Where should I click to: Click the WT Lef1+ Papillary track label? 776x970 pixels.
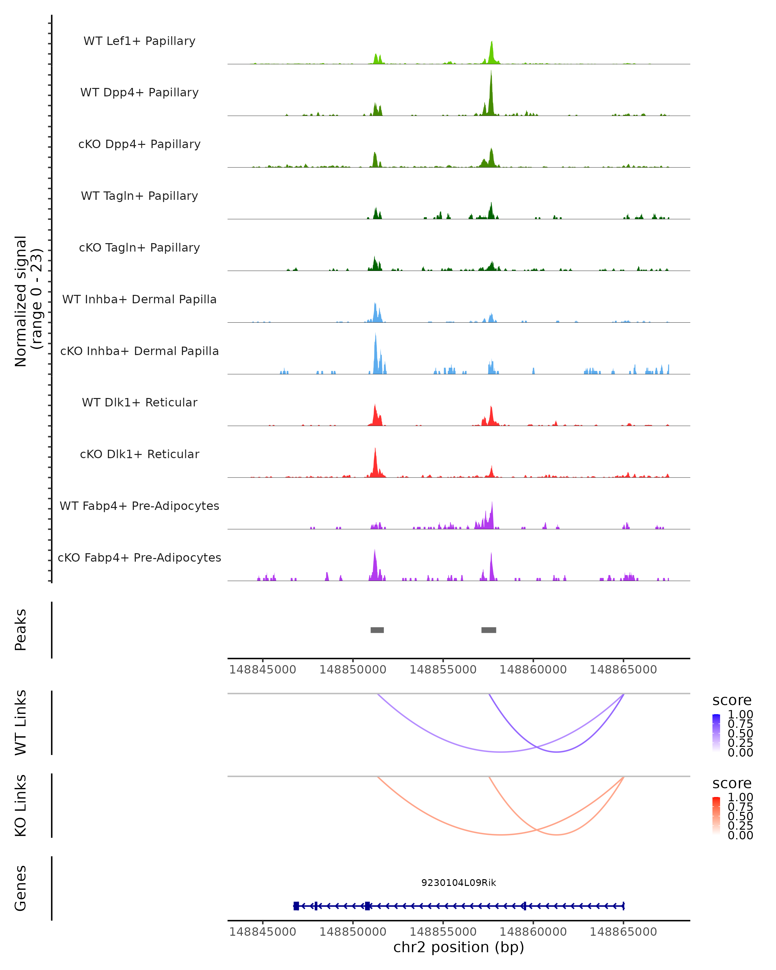[139, 41]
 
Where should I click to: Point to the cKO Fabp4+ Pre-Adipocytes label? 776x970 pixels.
[139, 557]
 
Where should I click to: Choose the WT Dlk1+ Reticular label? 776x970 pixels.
[139, 402]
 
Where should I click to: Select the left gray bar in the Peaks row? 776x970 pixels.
[377, 630]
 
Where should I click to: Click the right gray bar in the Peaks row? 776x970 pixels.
[489, 630]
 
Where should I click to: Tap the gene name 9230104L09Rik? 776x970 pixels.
[458, 883]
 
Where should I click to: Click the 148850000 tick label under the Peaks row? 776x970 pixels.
[353, 670]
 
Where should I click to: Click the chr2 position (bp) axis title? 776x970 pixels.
[458, 947]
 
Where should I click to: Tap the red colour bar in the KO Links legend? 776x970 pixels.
[716, 816]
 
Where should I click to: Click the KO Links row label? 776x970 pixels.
[21, 806]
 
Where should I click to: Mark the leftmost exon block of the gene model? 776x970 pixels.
[296, 906]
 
